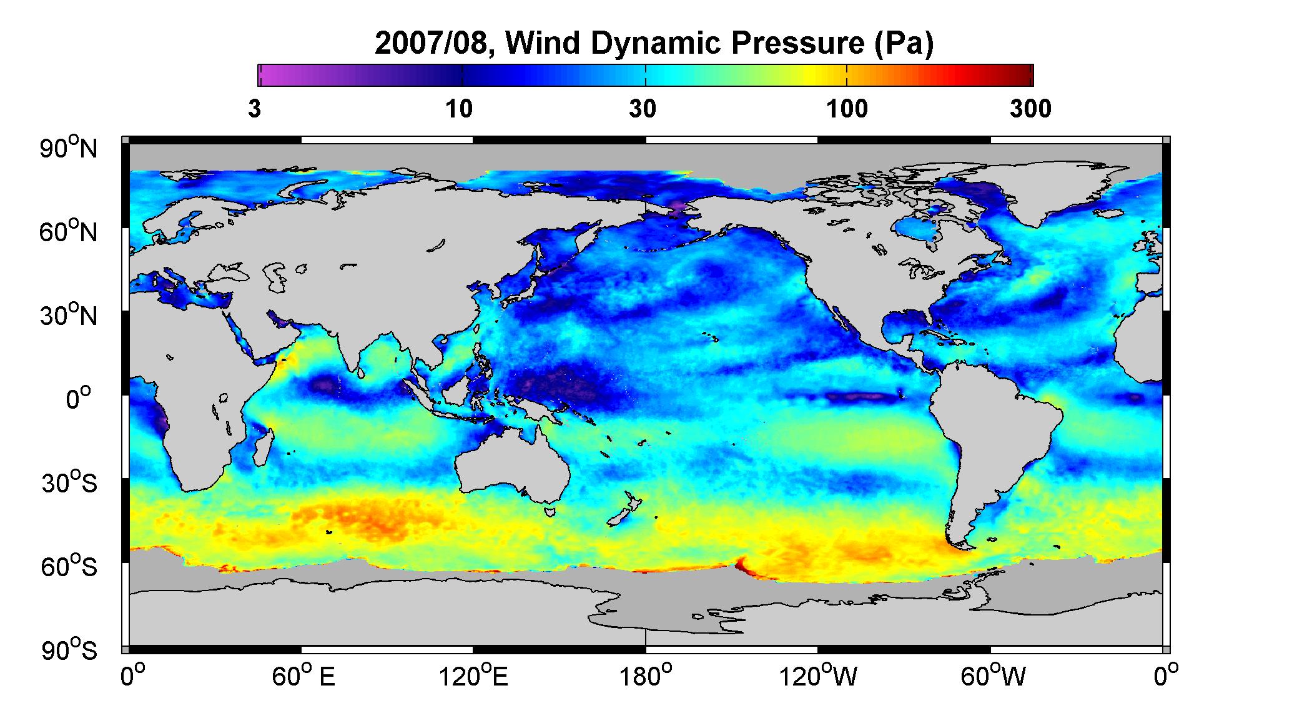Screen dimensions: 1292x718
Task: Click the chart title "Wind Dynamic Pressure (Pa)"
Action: click(720, 44)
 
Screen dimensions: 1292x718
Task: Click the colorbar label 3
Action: click(254, 109)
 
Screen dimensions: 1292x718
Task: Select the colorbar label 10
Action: click(459, 109)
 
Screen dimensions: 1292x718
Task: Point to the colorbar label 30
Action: click(643, 109)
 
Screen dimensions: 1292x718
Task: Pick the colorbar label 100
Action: click(847, 109)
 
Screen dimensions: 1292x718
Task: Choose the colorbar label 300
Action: click(1030, 109)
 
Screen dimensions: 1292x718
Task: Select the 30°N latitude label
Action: click(69, 315)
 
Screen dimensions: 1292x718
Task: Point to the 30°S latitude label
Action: click(69, 482)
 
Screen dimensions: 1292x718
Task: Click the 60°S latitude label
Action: click(69, 566)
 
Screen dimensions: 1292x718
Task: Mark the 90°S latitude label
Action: click(69, 650)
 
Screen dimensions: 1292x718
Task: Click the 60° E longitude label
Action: click(303, 677)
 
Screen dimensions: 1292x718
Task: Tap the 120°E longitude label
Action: click(473, 677)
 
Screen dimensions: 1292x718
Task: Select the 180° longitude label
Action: click(645, 677)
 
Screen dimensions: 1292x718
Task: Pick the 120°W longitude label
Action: click(818, 677)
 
